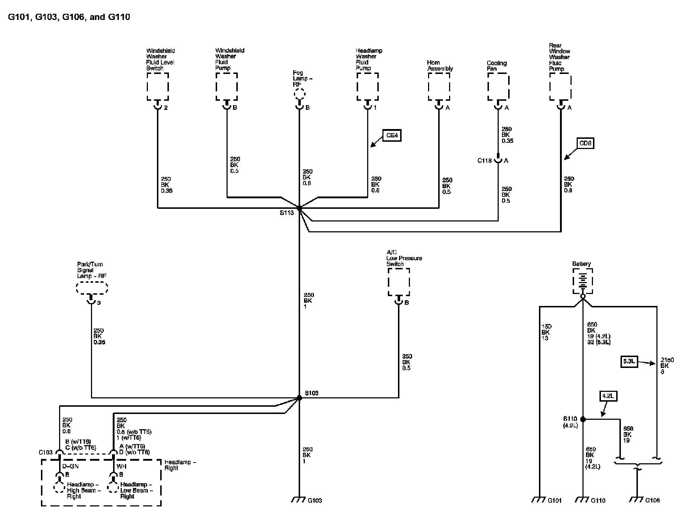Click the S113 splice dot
coord(299,208)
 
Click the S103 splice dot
coord(299,398)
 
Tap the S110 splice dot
coord(583,419)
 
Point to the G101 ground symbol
coord(539,500)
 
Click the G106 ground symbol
coord(636,500)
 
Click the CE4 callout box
coord(392,136)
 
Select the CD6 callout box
coord(585,144)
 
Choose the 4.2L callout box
coord(608,396)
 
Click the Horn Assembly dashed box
coord(439,87)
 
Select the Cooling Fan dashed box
coord(498,87)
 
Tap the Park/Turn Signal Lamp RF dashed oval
coord(92,289)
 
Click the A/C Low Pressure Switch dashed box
coord(399,282)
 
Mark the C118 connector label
coord(484,161)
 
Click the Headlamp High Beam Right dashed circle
coord(59,488)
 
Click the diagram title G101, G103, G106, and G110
coord(69,17)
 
